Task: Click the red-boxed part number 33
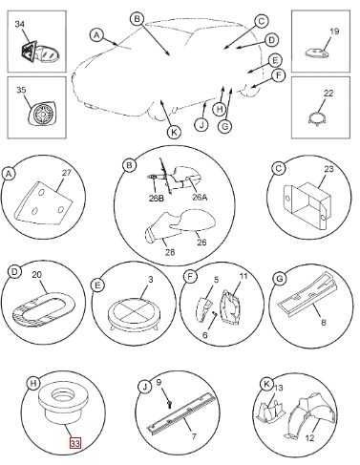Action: click(x=75, y=443)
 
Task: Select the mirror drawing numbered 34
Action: click(x=40, y=53)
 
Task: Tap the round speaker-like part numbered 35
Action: click(x=43, y=113)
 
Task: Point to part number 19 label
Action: click(x=334, y=32)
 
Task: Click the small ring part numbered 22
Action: click(x=317, y=118)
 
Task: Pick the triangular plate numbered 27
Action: click(x=43, y=203)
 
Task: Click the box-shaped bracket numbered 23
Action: click(x=307, y=204)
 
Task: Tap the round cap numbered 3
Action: click(x=134, y=315)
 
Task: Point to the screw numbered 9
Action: click(x=170, y=404)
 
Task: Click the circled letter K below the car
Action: click(x=174, y=132)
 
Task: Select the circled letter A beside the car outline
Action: click(x=96, y=34)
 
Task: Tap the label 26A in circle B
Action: click(x=200, y=198)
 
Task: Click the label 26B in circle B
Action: click(x=157, y=198)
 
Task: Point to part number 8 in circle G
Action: click(x=324, y=323)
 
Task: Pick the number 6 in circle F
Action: click(x=205, y=335)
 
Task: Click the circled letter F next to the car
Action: click(x=279, y=75)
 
